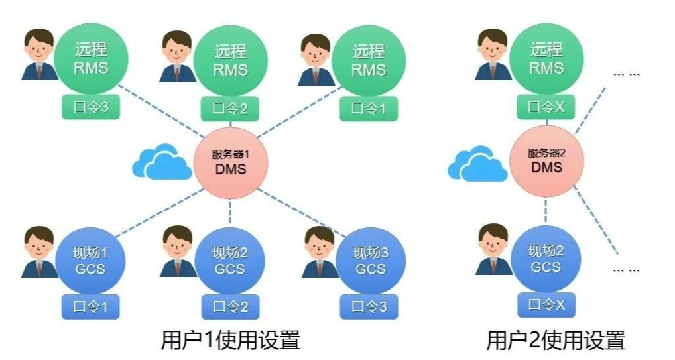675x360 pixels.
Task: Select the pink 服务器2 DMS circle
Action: (546, 160)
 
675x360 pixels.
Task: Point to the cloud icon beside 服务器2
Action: (473, 162)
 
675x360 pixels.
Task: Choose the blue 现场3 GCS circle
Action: (370, 261)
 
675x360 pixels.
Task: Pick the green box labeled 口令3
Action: (90, 107)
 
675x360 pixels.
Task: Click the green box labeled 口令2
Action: (230, 109)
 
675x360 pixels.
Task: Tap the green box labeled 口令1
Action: (369, 108)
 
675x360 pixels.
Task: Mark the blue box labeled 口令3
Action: (369, 307)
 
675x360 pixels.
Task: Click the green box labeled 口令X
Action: (546, 106)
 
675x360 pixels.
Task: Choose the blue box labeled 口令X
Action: (546, 305)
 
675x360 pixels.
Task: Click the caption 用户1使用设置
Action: (230, 340)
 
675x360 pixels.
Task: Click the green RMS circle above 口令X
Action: (546, 58)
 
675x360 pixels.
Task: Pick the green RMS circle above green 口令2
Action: (230, 60)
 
